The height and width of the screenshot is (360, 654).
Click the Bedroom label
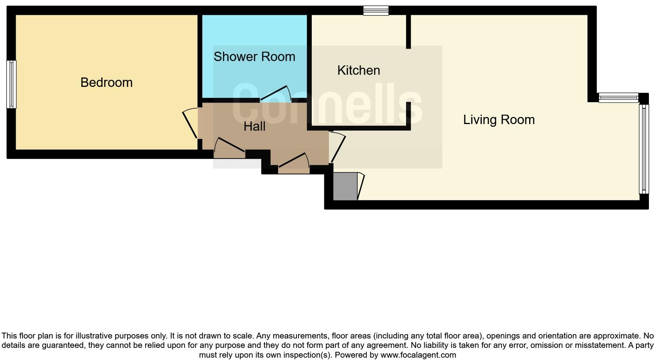point(106,83)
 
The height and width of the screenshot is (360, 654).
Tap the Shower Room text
point(254,57)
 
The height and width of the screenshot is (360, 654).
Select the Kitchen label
point(358,70)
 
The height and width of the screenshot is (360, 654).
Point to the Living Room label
point(499,120)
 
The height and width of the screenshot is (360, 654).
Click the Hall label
point(254,126)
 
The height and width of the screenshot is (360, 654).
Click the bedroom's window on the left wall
point(11,84)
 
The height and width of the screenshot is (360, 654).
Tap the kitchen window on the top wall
point(376,11)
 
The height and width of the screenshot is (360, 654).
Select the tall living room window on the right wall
point(643,149)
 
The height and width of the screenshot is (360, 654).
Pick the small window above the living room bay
point(618,97)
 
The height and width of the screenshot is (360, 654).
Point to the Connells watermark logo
point(327,104)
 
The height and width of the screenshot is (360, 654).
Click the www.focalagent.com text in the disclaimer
point(418,355)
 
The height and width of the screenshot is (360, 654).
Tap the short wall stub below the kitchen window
point(408,32)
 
